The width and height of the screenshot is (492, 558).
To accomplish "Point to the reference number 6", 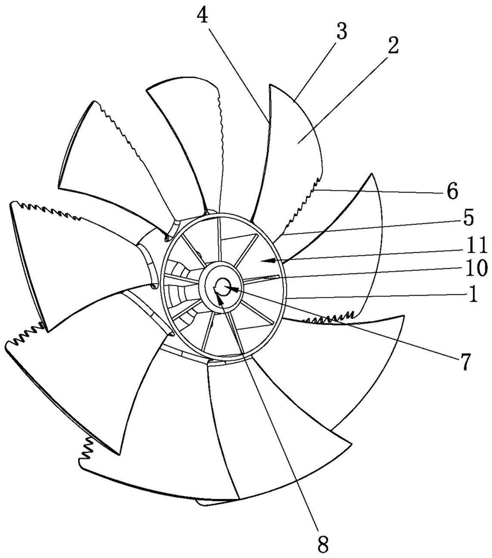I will (452, 190).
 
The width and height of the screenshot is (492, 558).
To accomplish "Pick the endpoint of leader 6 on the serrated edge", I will (316, 190).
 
